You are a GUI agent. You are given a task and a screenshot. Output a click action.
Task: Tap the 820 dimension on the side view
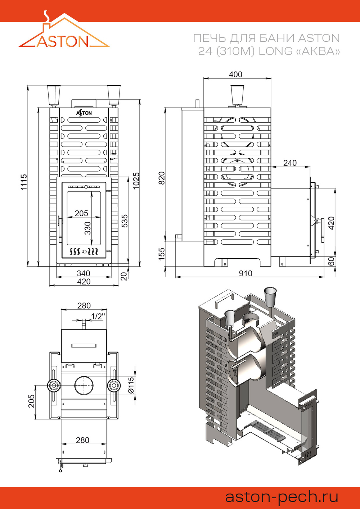[162, 178]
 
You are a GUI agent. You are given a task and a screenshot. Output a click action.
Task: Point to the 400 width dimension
[235, 74]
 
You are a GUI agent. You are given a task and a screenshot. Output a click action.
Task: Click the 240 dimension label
[290, 163]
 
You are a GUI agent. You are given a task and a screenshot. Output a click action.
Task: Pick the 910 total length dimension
[246, 273]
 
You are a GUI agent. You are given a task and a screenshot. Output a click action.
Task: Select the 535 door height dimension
[125, 221]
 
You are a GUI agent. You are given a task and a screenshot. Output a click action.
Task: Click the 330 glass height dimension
[88, 228]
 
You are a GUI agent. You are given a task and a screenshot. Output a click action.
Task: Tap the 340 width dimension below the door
[84, 274]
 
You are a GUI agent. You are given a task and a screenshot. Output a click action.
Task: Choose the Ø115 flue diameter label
[131, 385]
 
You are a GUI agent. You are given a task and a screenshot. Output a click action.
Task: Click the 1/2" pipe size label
[98, 316]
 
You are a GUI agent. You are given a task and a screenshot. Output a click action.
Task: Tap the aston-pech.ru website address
[282, 497]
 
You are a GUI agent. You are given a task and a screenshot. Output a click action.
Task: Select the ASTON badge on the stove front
[84, 113]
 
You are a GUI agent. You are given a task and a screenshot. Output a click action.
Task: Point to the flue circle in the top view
[84, 385]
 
